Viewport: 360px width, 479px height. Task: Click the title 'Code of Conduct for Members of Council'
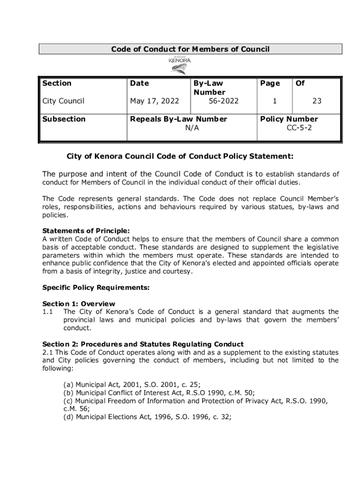190,49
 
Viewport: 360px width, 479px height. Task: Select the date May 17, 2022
154,101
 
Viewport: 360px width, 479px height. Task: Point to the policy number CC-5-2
299,128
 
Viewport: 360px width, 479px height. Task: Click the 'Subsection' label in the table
64,119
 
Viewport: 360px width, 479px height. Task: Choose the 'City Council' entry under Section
64,101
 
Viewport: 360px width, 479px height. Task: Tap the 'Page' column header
270,83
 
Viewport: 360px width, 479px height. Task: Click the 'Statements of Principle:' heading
86,231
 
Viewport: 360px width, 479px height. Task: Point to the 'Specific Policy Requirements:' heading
96,288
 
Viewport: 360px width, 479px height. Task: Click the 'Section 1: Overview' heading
79,304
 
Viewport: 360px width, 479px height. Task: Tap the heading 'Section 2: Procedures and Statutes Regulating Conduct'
143,344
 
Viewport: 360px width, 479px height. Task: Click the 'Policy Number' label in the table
289,119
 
